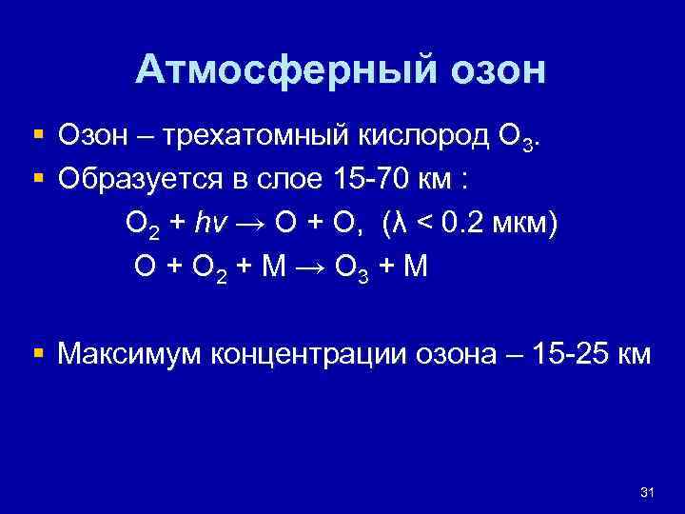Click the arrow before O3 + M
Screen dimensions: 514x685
pos(310,267)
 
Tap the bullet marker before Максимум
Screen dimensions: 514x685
pos(39,354)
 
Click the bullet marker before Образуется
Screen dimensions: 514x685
pos(39,179)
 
